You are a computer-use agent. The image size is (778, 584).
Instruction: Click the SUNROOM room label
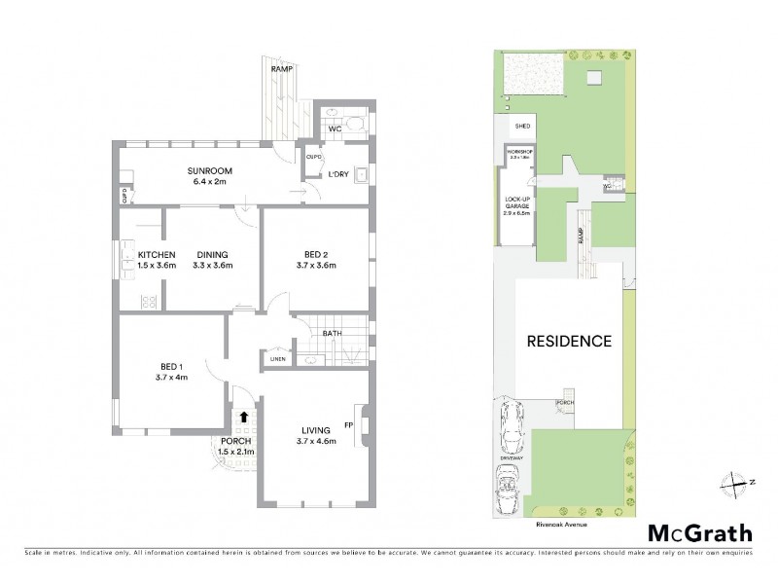(206, 169)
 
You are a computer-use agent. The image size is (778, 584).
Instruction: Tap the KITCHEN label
(128, 255)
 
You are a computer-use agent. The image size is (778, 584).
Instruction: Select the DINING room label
(213, 255)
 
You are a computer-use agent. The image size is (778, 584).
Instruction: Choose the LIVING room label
(315, 430)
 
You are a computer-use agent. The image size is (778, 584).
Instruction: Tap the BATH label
(331, 333)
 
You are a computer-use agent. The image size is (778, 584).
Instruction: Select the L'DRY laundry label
(338, 174)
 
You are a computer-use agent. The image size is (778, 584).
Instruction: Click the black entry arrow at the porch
(243, 417)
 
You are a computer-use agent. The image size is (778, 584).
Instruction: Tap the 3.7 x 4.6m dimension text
(315, 441)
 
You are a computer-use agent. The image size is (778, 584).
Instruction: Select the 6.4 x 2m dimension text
(206, 180)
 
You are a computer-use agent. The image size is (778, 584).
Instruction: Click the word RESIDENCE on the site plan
(569, 341)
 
